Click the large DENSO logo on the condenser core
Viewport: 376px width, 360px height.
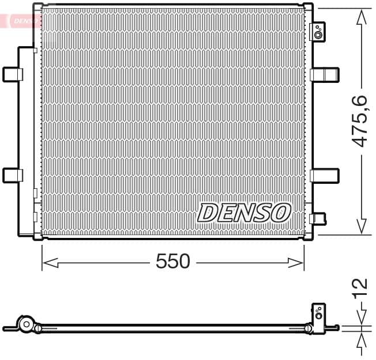click(243, 213)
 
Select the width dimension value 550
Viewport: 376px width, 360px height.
click(173, 262)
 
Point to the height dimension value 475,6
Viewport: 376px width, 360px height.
click(360, 121)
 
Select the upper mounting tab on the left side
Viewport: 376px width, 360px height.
click(12, 74)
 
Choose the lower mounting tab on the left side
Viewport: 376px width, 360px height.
click(12, 175)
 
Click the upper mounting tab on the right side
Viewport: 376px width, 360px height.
click(325, 74)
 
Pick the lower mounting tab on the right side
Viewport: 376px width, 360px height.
click(325, 175)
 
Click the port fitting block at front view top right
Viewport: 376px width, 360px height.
click(318, 32)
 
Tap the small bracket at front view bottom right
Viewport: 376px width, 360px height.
click(317, 218)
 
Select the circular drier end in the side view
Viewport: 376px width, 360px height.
click(25, 325)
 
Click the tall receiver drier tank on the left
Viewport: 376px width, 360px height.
click(27, 141)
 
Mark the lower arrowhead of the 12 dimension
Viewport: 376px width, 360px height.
click(362, 339)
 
